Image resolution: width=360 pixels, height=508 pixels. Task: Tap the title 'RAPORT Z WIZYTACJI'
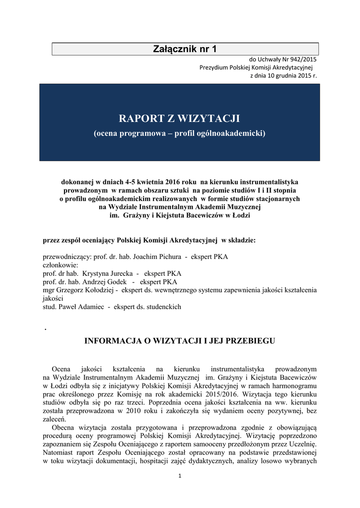pyautogui.click(x=180, y=119)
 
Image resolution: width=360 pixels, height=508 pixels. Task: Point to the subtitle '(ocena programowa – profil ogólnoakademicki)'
pyautogui.click(x=180, y=133)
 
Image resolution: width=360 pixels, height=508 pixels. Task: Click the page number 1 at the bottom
pyautogui.click(x=180, y=477)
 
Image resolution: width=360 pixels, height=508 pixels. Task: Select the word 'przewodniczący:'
pyautogui.click(x=66, y=256)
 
